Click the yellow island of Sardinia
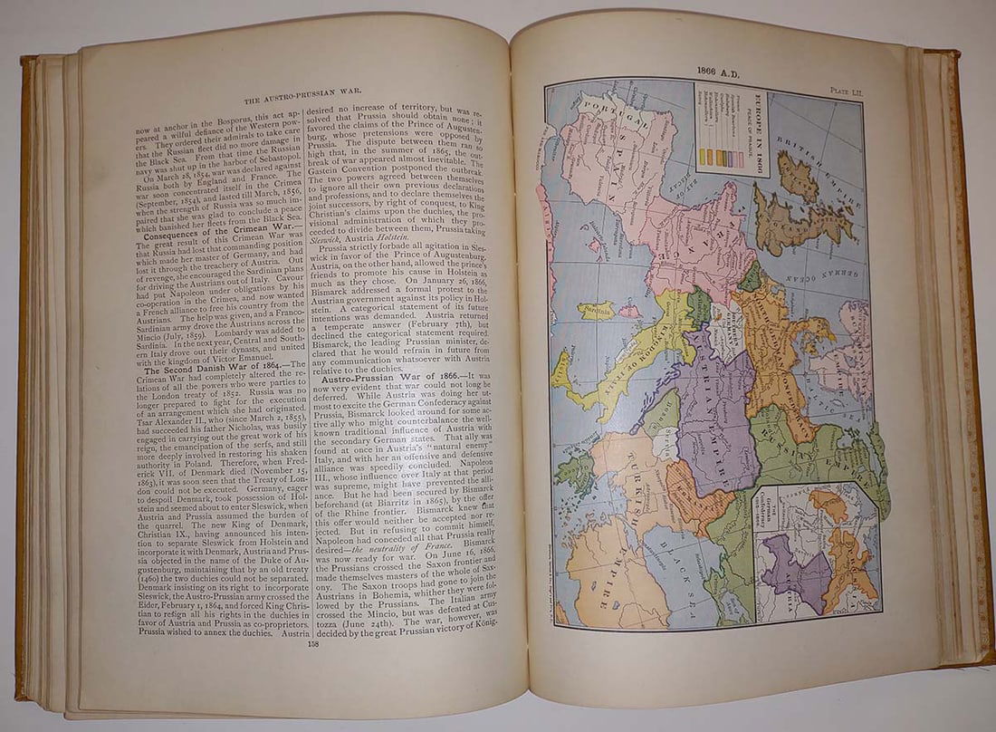pos(596,311)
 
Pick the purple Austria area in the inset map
pos(792,571)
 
